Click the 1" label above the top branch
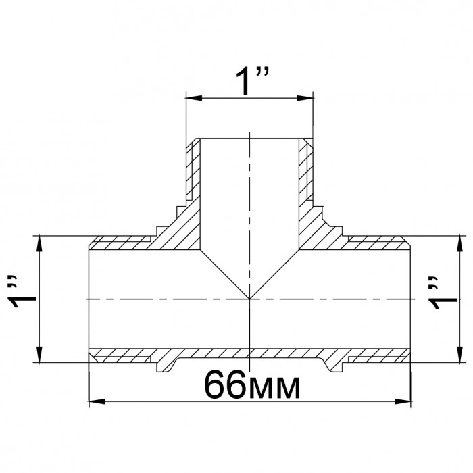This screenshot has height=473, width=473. pyautogui.click(x=252, y=81)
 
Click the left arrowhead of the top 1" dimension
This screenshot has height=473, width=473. pyautogui.click(x=194, y=98)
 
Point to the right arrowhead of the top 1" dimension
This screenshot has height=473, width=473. pyautogui.click(x=305, y=98)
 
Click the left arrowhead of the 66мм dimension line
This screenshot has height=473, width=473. pyautogui.click(x=97, y=401)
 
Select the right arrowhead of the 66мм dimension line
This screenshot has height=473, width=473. pyautogui.click(x=403, y=401)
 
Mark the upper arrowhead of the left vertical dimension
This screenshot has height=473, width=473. pyautogui.click(x=39, y=243)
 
